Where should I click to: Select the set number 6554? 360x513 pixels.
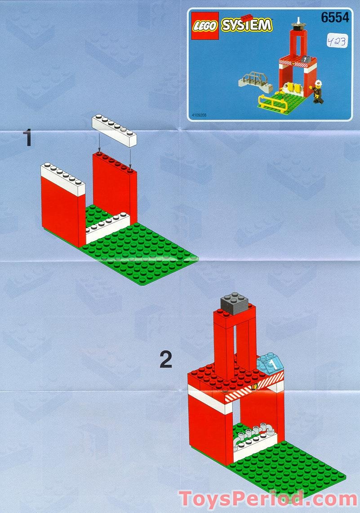pos(335,18)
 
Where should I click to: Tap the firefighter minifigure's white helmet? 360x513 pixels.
pos(319,83)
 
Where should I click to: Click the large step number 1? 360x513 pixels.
pos(28,137)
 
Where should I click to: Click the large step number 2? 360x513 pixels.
pos(166,360)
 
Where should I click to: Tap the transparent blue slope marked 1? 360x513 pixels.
pos(271,363)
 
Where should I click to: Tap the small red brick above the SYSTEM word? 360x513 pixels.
pos(246,17)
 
